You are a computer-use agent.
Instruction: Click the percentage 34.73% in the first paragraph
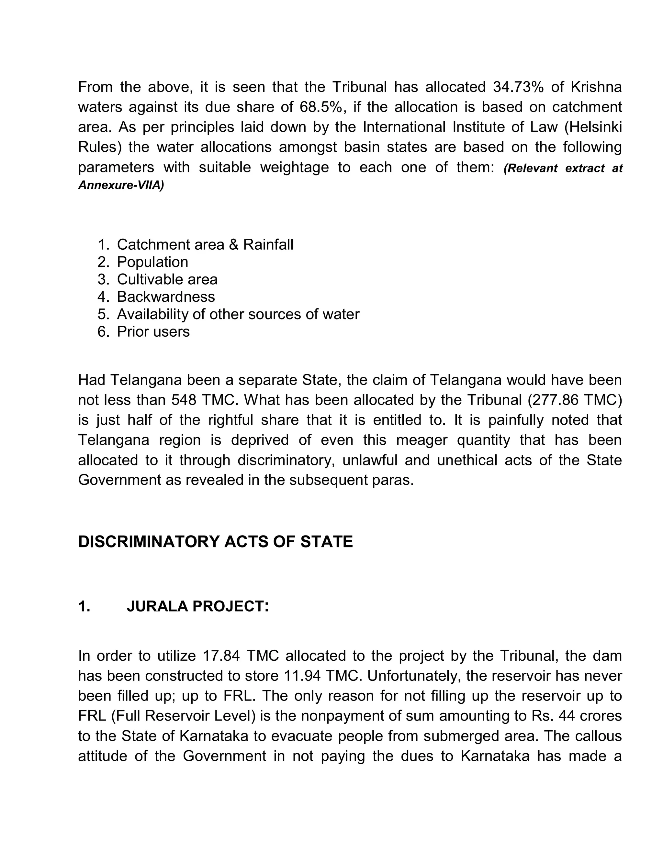coord(518,87)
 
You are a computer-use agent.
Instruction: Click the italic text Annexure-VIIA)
coord(121,185)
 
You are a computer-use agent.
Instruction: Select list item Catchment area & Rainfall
coord(205,244)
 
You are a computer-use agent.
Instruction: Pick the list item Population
coord(152,262)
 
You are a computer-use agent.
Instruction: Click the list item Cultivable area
coord(167,279)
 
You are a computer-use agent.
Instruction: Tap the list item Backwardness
coord(166,297)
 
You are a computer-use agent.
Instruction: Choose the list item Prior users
coord(153,331)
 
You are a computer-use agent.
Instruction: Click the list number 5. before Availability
coord(103,314)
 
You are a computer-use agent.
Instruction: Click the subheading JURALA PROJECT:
coord(197,606)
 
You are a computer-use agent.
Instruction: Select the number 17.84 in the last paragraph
coord(221,656)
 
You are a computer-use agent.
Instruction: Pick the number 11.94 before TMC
coord(301,676)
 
